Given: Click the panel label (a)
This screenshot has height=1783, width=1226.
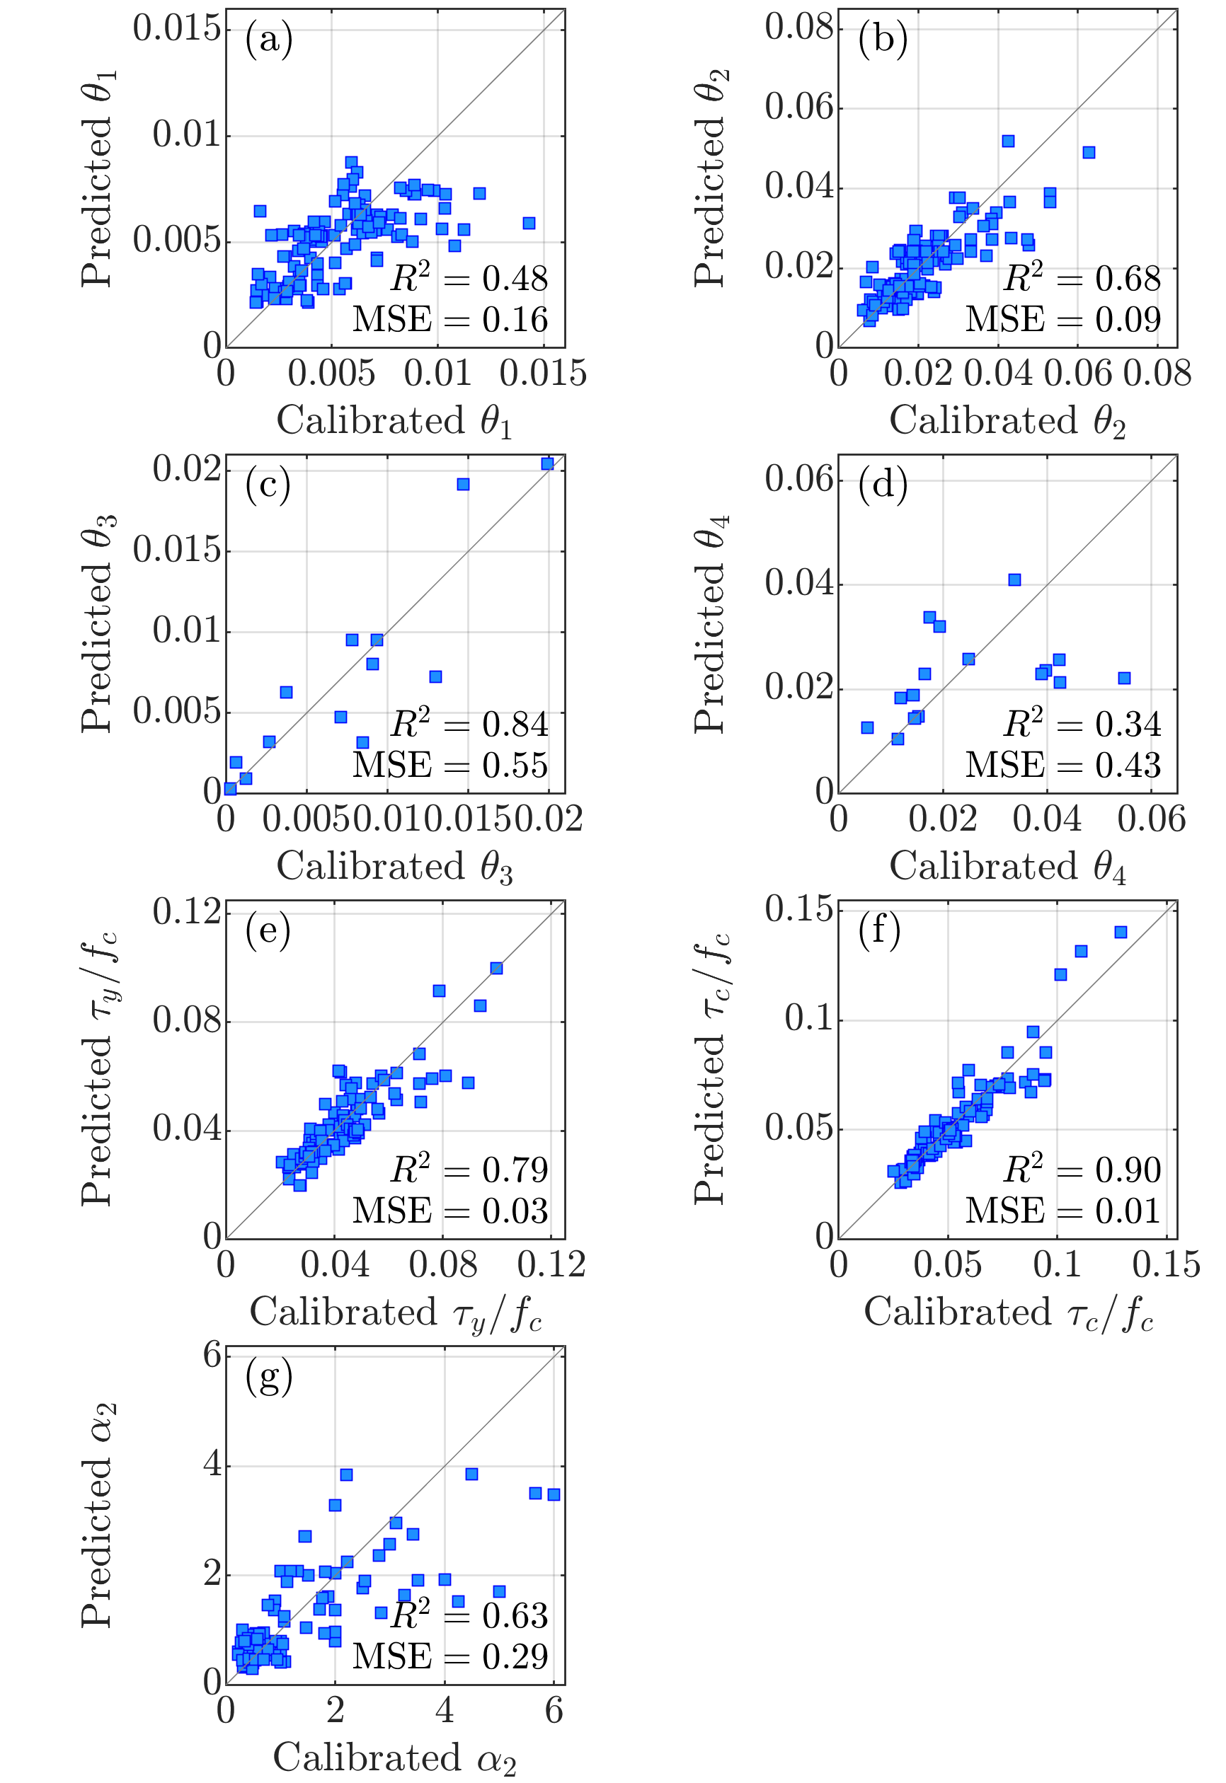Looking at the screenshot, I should (x=269, y=39).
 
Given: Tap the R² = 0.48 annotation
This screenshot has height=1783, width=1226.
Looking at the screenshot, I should (x=469, y=278).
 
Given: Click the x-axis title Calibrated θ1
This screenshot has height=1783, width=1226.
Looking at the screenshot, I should (x=394, y=422).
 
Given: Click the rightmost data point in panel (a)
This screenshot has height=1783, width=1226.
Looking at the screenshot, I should (x=529, y=223).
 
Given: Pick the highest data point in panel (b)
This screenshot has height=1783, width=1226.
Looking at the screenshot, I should (x=1008, y=141).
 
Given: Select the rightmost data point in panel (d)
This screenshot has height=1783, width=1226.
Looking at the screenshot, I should (x=1124, y=678).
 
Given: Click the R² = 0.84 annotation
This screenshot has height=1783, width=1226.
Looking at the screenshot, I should (x=469, y=723).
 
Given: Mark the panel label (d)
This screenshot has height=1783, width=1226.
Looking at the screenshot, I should (x=883, y=485).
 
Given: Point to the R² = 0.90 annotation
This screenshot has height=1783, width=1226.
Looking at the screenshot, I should (x=1082, y=1169).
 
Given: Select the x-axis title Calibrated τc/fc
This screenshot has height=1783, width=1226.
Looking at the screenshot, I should (x=1008, y=1312).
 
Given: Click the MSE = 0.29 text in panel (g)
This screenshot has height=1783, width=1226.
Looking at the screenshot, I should (x=450, y=1656).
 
